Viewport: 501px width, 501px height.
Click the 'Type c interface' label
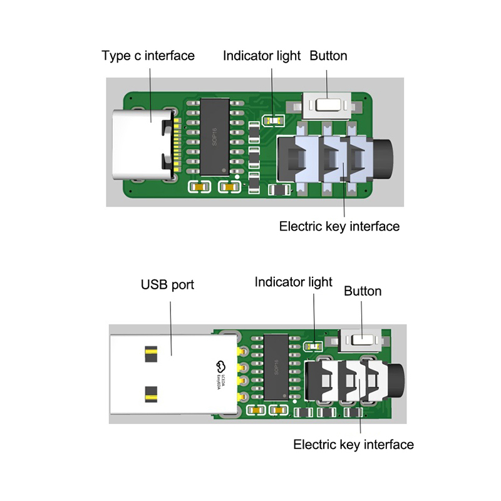pos(148,56)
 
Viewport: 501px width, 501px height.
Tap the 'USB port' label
pos(167,285)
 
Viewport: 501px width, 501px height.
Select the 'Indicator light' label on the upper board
pos(262,56)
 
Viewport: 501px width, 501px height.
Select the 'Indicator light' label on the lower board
pos(293,282)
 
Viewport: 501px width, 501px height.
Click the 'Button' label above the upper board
pos(328,56)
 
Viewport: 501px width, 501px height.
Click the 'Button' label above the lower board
pos(363,291)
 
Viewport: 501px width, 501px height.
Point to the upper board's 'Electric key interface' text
pos(339,226)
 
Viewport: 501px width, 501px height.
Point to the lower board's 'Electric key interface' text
pos(353,445)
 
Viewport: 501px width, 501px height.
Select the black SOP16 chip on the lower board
pos(276,366)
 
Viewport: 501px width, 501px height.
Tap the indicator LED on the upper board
pos(272,119)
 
